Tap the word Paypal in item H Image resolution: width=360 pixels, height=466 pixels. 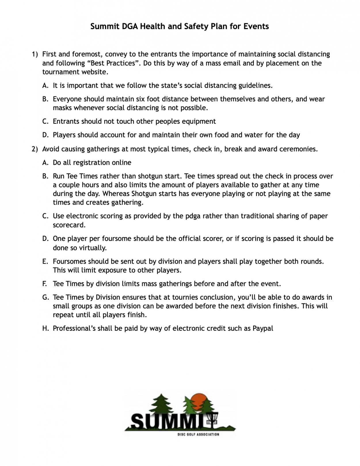(263, 328)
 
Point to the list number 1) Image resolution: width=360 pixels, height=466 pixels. (35, 54)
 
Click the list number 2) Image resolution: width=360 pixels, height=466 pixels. (35, 149)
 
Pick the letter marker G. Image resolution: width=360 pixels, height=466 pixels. (45, 297)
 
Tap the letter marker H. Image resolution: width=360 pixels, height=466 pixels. (45, 328)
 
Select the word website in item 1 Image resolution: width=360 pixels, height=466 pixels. (95, 72)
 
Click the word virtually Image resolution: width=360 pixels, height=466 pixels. (93, 248)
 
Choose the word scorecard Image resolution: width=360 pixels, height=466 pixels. (69, 225)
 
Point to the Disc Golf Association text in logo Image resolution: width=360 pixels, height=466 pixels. (198, 434)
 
